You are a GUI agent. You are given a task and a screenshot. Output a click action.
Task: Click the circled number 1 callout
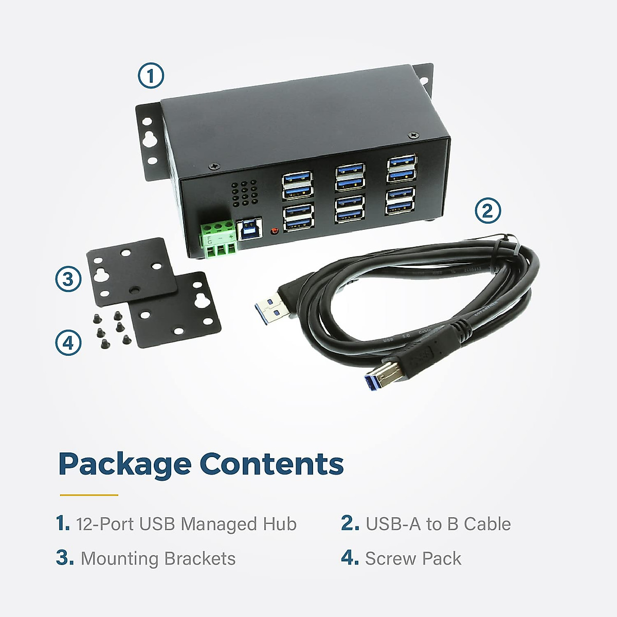151,76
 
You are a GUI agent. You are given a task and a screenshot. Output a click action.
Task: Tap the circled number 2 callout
487,211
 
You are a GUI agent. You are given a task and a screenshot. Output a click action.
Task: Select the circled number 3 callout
68,279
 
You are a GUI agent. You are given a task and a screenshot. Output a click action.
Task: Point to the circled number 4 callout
68,343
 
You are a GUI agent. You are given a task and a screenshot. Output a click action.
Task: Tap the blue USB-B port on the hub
249,228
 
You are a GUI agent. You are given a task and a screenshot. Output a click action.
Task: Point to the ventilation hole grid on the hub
245,193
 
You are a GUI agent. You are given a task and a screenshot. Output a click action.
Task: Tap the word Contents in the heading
271,464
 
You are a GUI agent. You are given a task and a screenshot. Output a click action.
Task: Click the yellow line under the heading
89,495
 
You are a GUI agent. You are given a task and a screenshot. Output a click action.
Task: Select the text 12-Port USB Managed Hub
186,524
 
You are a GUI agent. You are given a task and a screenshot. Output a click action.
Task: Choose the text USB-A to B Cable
438,524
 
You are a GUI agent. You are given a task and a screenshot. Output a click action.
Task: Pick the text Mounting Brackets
158,558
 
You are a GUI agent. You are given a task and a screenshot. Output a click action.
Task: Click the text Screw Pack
413,558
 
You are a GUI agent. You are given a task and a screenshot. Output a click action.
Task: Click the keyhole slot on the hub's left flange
149,139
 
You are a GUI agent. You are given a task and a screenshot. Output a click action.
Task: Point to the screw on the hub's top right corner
413,135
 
